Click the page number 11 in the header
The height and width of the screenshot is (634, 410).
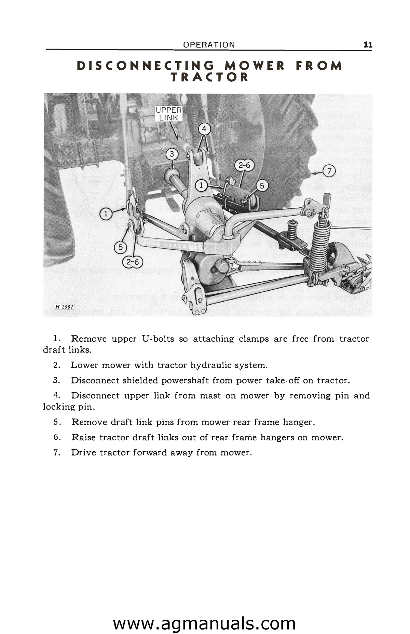point(368,45)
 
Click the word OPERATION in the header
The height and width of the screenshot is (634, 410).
point(209,45)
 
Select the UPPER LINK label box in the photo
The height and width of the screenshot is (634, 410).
point(169,114)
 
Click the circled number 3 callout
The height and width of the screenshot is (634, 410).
point(172,154)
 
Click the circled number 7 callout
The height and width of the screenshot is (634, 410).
point(329,170)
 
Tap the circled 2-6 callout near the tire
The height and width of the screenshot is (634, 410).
point(244,166)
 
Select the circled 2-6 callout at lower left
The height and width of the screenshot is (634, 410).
point(133,262)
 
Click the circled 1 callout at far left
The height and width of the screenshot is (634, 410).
point(106,214)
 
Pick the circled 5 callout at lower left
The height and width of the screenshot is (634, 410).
point(120,247)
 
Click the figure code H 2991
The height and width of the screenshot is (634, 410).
point(64,306)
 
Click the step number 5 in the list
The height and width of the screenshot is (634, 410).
point(57,422)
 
